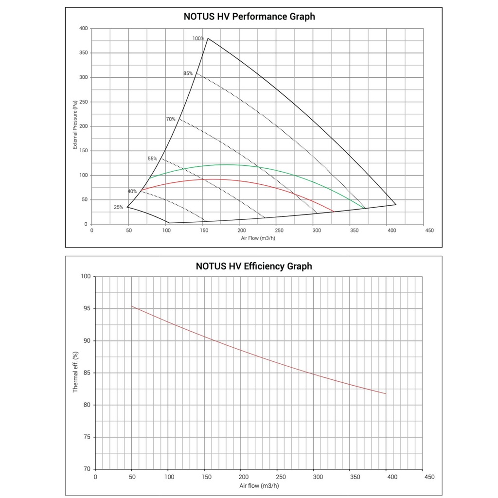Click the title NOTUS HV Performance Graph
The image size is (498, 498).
tap(249, 17)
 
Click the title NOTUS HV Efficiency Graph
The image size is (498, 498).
tap(254, 266)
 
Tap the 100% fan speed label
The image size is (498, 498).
tap(198, 38)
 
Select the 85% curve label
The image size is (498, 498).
tap(188, 73)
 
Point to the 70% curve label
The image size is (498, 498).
tap(171, 119)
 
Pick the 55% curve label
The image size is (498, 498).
tap(152, 159)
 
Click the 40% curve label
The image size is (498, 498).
tap(132, 191)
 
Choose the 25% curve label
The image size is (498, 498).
tap(118, 207)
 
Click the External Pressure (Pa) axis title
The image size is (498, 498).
tap(75, 126)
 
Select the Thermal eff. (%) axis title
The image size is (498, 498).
tap(75, 373)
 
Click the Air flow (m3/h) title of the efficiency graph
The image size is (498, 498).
tap(259, 486)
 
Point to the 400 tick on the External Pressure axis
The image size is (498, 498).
tap(83, 29)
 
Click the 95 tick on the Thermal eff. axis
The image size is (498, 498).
tap(87, 309)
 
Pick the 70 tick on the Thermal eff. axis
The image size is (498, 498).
tap(87, 469)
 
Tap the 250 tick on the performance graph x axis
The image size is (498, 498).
tap(278, 231)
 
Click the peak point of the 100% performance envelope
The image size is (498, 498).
tap(208, 38)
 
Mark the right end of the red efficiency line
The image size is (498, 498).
tap(386, 393)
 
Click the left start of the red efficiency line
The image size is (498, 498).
tap(132, 306)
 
